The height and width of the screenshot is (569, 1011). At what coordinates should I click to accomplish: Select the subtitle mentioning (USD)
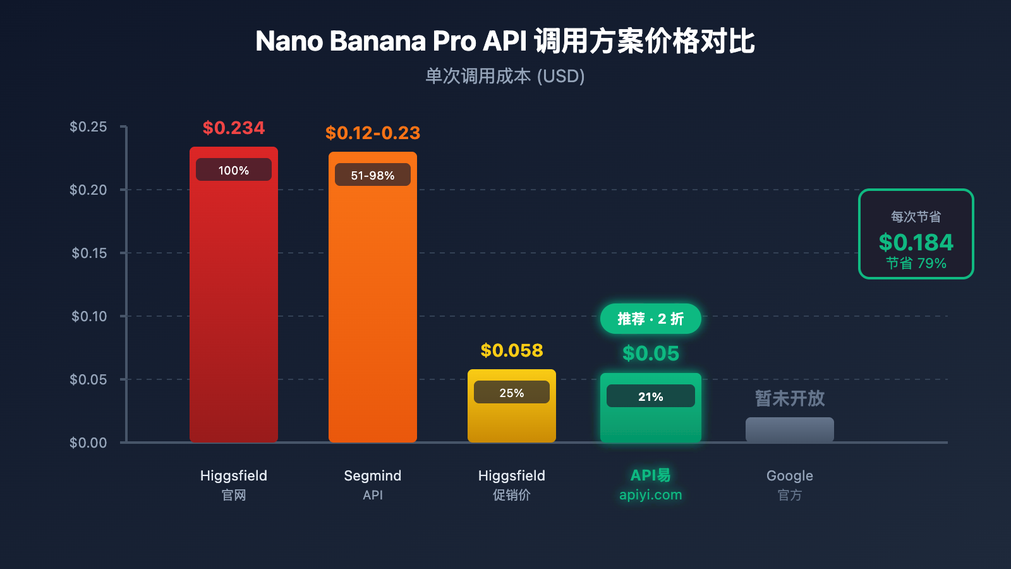pyautogui.click(x=504, y=76)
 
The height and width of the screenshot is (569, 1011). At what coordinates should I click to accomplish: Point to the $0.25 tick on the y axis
pyautogui.click(x=88, y=127)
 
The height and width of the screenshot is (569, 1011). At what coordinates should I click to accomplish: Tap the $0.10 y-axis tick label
pyautogui.click(x=89, y=316)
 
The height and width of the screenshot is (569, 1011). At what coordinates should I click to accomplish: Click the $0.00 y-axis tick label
pyautogui.click(x=88, y=443)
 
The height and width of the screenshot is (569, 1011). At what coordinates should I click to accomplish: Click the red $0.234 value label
pyautogui.click(x=234, y=128)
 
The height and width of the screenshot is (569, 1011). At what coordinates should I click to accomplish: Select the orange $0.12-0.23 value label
pyautogui.click(x=373, y=133)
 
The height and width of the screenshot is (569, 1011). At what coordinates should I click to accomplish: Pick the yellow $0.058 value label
pyautogui.click(x=512, y=351)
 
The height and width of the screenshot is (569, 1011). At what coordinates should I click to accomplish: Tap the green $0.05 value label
pyautogui.click(x=651, y=353)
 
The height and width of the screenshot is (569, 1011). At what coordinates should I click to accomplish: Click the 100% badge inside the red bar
pyautogui.click(x=234, y=170)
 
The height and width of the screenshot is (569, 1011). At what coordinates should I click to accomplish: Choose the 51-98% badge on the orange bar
pyautogui.click(x=373, y=175)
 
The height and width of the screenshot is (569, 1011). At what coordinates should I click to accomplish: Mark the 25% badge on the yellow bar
pyautogui.click(x=512, y=393)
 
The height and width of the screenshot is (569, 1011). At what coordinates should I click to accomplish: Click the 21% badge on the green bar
pyautogui.click(x=651, y=396)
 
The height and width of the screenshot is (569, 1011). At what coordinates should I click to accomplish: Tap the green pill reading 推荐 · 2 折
pyautogui.click(x=651, y=319)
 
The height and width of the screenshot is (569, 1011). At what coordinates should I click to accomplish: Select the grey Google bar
pyautogui.click(x=790, y=430)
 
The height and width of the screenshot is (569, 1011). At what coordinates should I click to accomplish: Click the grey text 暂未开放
pyautogui.click(x=790, y=398)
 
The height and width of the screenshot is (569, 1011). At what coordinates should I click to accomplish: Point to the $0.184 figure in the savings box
pyautogui.click(x=916, y=243)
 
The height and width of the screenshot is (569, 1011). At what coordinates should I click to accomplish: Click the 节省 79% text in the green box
pyautogui.click(x=916, y=264)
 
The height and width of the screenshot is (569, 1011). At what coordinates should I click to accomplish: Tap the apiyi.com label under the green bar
pyautogui.click(x=651, y=495)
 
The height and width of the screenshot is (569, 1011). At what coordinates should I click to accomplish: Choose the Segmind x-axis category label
pyautogui.click(x=373, y=476)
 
